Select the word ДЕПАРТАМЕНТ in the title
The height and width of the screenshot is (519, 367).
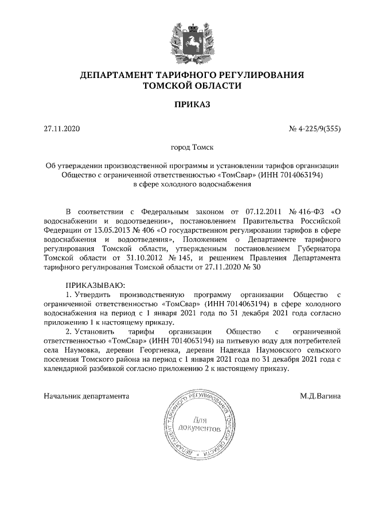(x=118, y=75)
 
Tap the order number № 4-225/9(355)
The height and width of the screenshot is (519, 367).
(x=315, y=128)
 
